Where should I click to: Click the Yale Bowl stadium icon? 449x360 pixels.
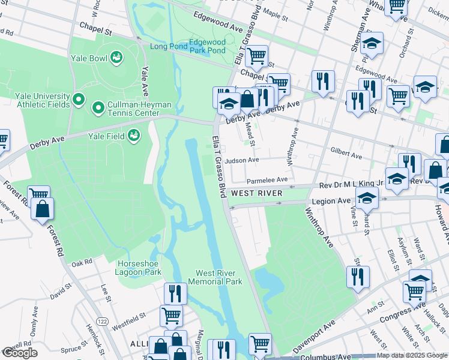coord(116,58)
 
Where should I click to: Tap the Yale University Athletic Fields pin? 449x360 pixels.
coord(78,98)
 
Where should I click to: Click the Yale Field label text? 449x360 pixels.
coord(108,136)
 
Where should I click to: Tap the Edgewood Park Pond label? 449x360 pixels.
coord(207,46)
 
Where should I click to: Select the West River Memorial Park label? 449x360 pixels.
coord(215,277)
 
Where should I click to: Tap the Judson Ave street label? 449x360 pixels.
coord(242,160)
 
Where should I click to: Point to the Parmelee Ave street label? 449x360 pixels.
coord(267,179)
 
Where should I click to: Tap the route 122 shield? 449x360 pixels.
coord(103,322)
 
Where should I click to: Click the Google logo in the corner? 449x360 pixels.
coord(19,353)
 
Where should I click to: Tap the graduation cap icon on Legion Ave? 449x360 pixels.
coord(367,197)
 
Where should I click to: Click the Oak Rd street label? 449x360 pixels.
coord(81,262)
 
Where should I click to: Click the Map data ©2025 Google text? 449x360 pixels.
coord(412,355)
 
